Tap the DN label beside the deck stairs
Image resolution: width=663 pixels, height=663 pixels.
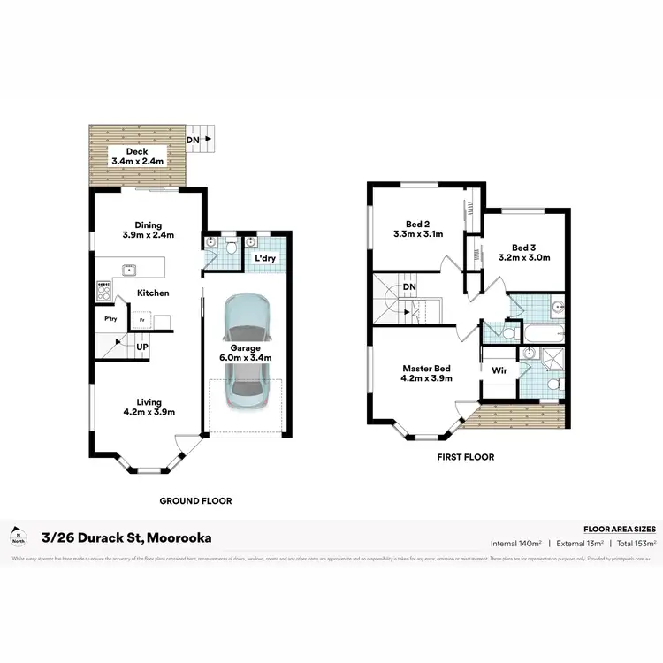point(192,140)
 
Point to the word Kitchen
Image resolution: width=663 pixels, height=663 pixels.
point(153,293)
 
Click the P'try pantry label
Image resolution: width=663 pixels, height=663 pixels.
point(111,319)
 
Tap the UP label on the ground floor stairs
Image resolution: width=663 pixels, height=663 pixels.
point(141,347)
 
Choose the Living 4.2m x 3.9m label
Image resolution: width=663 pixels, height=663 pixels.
point(149,407)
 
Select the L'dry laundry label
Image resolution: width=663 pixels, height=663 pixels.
point(267,258)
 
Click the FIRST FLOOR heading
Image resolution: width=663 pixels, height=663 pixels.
point(466,457)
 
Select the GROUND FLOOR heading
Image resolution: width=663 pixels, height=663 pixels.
point(195,500)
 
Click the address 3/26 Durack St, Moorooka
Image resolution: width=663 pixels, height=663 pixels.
point(126,537)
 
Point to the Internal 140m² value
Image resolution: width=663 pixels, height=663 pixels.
point(517,543)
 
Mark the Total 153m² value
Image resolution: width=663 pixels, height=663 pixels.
point(629,543)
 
